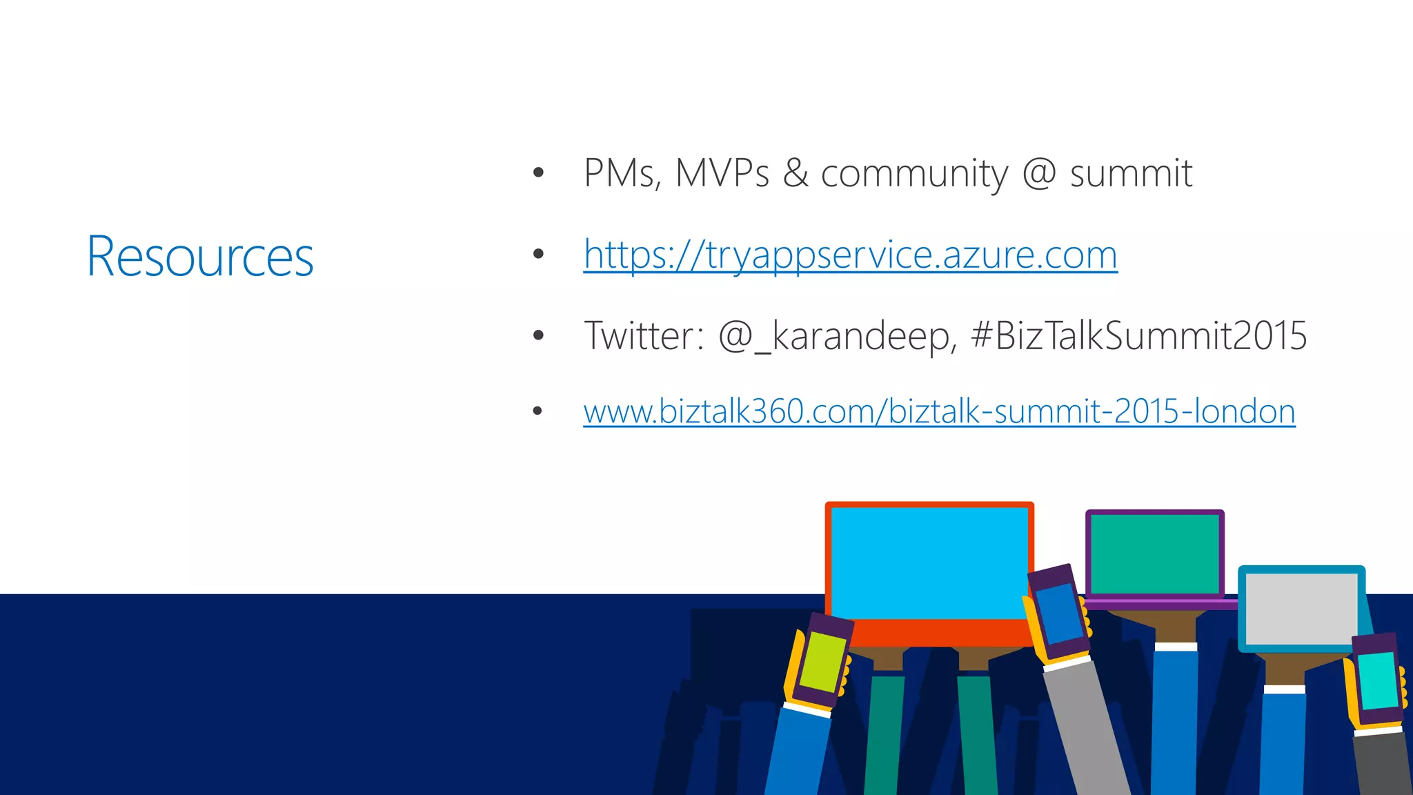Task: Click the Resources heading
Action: (200, 257)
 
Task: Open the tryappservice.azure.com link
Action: (850, 255)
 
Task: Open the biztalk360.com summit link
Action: (939, 411)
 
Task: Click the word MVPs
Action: (722, 173)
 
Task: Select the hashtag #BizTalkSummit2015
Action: (1138, 336)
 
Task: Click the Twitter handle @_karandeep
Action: (837, 337)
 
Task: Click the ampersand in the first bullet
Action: (796, 173)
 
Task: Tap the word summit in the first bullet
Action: (1131, 173)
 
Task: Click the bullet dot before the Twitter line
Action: (538, 336)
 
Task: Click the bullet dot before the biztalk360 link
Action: (538, 412)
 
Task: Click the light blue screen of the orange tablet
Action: (929, 562)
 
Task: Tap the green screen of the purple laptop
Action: (1154, 554)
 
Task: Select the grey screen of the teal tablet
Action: (1301, 609)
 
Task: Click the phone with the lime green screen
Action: (821, 661)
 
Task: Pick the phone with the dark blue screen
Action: (1059, 613)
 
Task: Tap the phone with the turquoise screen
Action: (1379, 680)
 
